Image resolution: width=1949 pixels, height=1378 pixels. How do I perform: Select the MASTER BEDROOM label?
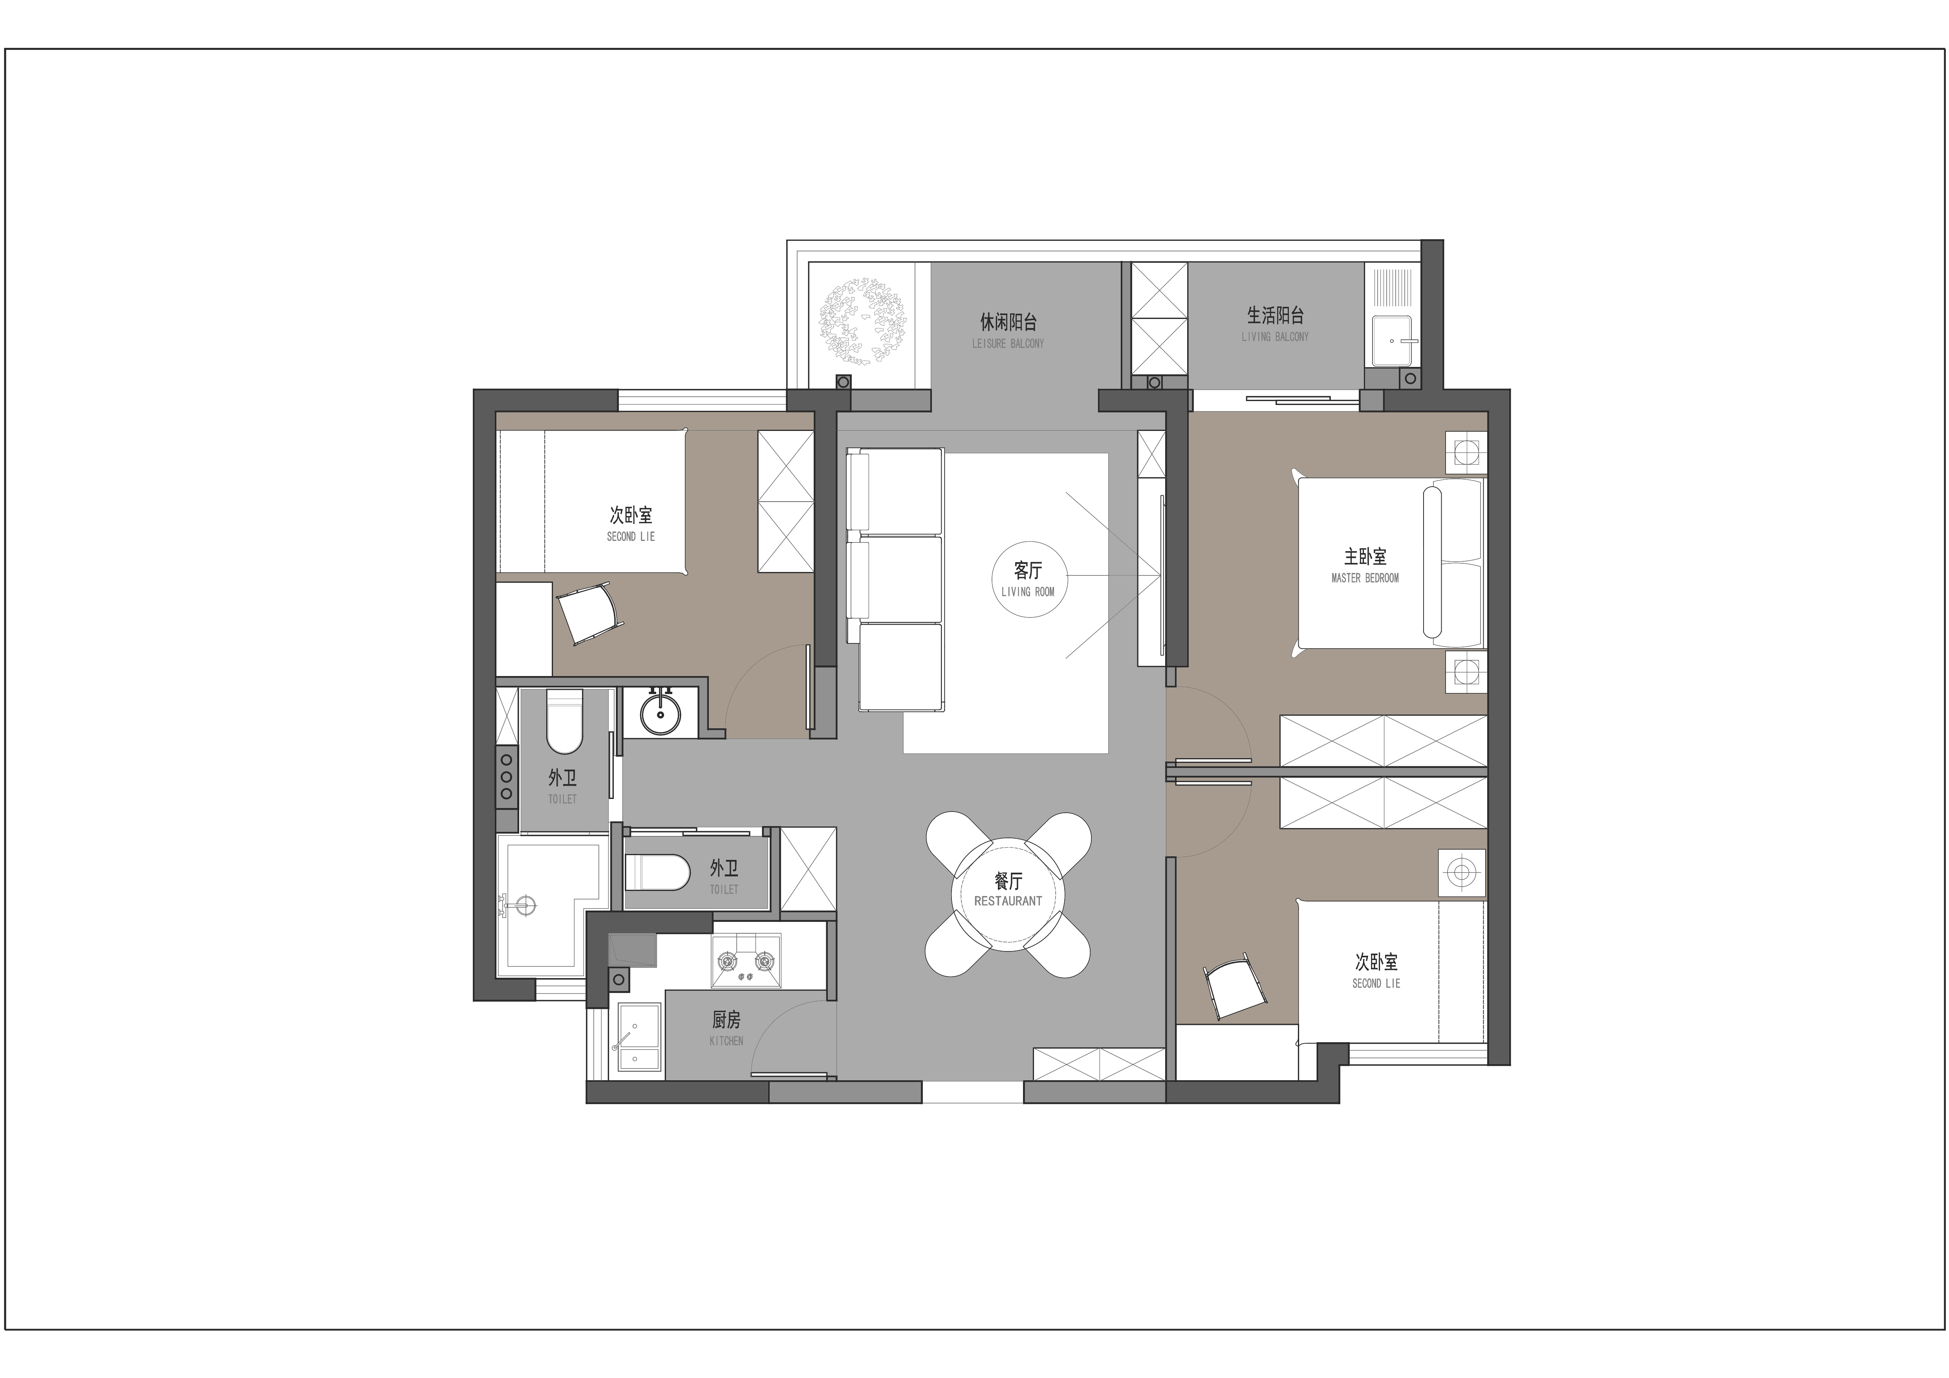coord(1365,578)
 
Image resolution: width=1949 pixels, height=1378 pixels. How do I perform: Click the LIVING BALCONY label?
coord(1275,337)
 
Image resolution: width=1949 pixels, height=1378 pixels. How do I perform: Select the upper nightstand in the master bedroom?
coord(1466,453)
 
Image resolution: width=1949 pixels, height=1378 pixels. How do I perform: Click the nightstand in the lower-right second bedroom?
coord(1462,873)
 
